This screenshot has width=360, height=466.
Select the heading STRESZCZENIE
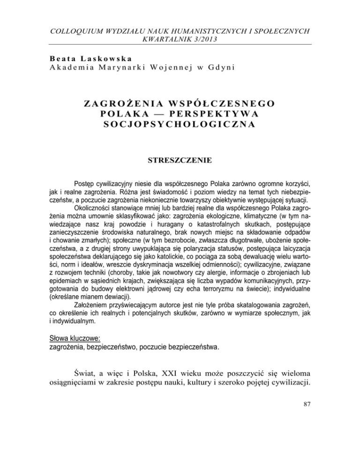pos(180,165)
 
